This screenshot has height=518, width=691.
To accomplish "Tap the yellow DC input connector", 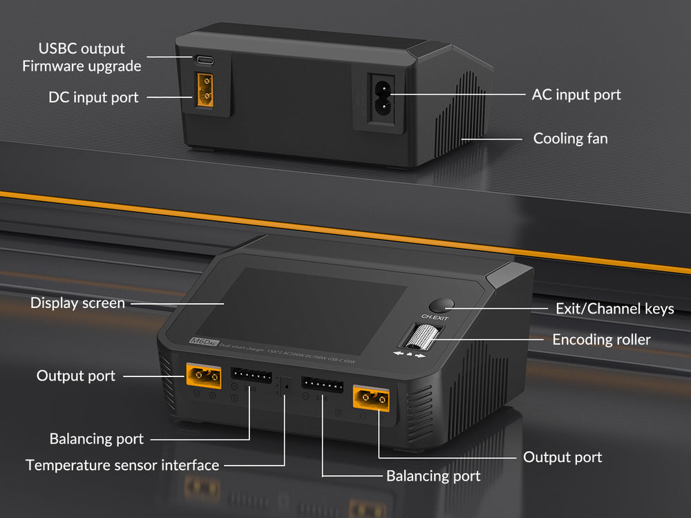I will click(205, 91).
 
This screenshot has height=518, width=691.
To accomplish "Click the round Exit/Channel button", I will click(440, 305).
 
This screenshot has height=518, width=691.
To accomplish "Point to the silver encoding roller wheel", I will click(417, 339).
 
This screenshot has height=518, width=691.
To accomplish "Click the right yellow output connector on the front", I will click(371, 398).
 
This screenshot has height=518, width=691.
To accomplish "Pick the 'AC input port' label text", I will click(576, 95).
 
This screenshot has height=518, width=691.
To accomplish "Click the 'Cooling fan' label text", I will click(570, 139).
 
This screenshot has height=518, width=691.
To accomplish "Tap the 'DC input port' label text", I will click(93, 97).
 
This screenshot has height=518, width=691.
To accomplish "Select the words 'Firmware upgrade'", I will click(82, 66).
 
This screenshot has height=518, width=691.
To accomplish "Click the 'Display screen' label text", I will click(77, 303).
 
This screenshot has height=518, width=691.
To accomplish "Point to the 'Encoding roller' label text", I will click(601, 339).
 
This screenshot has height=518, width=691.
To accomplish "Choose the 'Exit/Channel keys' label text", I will click(614, 309).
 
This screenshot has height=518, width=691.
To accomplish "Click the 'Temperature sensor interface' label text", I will click(122, 465).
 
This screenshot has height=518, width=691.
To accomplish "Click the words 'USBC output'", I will click(82, 48).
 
